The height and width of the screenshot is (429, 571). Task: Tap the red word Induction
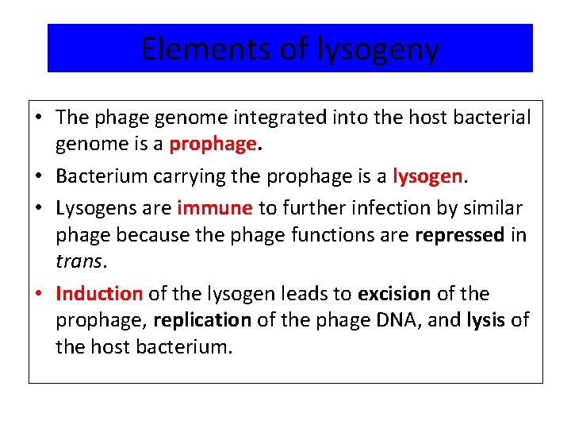click(99, 294)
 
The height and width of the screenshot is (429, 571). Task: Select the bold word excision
click(394, 294)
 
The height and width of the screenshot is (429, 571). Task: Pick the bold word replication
click(201, 321)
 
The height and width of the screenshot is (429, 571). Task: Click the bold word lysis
click(486, 321)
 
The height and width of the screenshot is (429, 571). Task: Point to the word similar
click(494, 208)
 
